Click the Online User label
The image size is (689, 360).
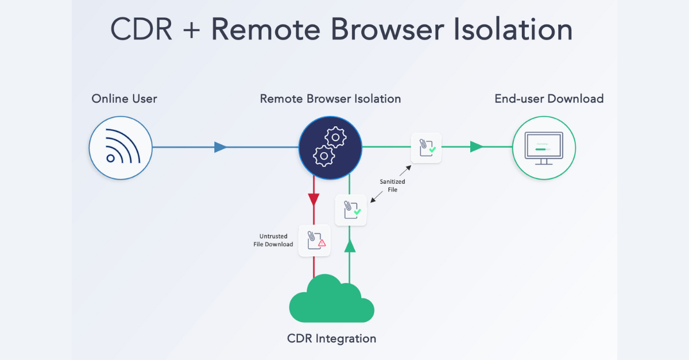click(x=124, y=99)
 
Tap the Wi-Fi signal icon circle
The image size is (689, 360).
click(x=121, y=148)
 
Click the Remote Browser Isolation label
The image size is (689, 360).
click(x=330, y=99)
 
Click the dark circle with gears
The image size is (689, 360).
click(x=330, y=148)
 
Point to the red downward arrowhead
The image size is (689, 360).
click(x=313, y=200)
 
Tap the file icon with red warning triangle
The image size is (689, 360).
click(x=315, y=240)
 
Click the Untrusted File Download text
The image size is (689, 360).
click(x=273, y=240)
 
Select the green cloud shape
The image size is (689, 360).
click(x=331, y=300)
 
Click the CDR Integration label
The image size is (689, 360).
click(x=331, y=338)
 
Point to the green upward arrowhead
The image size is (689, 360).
click(x=350, y=246)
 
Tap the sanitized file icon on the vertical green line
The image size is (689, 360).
click(x=351, y=210)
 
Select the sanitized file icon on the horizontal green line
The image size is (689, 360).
click(x=426, y=148)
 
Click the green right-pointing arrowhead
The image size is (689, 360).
click(x=476, y=147)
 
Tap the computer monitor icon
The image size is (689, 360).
click(x=544, y=148)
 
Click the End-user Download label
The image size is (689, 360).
click(x=549, y=99)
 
